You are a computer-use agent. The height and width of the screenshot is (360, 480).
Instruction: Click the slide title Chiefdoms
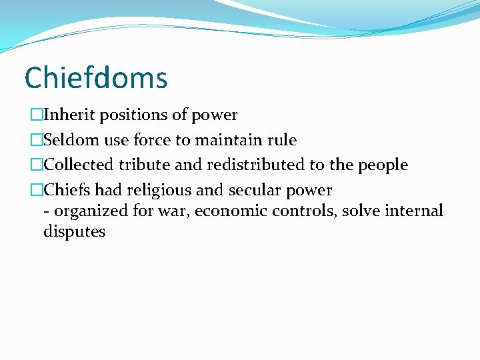[95, 78]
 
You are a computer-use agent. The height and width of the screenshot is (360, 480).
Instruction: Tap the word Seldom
[72, 140]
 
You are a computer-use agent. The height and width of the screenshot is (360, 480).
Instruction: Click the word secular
[255, 190]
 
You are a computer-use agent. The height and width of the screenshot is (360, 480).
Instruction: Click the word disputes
[74, 232]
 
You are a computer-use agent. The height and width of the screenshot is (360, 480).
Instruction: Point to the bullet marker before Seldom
[36, 140]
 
